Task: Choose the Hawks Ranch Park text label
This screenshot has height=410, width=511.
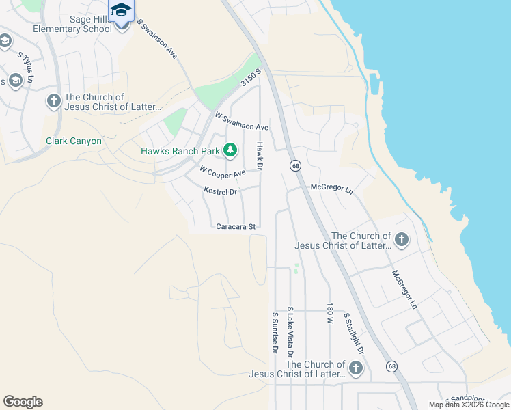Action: (x=180, y=151)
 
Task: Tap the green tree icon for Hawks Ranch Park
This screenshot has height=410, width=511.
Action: (x=231, y=150)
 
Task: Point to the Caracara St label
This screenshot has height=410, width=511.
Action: (x=236, y=226)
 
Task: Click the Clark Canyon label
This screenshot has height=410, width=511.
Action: (x=74, y=141)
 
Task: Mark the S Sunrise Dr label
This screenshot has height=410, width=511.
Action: (x=275, y=333)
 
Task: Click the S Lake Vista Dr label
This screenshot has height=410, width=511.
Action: (x=290, y=333)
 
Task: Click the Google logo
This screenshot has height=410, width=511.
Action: (x=23, y=402)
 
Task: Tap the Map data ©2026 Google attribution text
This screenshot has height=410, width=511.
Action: (x=469, y=405)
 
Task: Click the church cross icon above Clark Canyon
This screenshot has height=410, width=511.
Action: (x=53, y=102)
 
